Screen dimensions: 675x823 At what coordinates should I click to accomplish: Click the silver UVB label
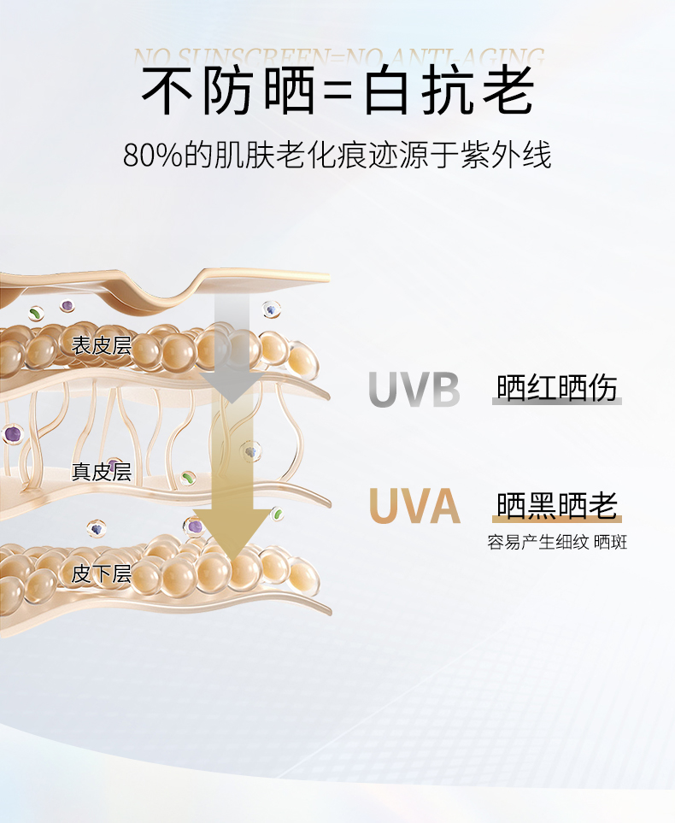(x=414, y=390)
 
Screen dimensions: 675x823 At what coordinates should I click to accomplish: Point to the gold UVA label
(x=414, y=507)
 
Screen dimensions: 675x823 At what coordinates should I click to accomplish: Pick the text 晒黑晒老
(x=557, y=505)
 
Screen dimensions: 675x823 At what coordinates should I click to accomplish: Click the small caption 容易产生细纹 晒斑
(x=557, y=542)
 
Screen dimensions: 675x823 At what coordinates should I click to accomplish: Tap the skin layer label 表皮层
(x=101, y=345)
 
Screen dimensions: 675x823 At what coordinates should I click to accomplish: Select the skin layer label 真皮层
(x=101, y=472)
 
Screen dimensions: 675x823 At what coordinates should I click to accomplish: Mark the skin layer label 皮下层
(x=101, y=573)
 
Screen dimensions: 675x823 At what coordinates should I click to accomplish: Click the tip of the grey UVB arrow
(x=228, y=398)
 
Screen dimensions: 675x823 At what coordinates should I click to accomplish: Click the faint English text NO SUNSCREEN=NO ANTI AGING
(x=338, y=57)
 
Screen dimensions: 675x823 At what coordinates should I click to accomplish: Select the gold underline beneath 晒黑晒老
(x=557, y=520)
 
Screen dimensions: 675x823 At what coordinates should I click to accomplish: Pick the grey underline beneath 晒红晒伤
(x=557, y=401)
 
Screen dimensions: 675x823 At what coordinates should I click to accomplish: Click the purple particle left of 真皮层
(x=12, y=434)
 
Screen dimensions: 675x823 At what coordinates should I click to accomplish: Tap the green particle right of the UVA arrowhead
(x=277, y=514)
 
